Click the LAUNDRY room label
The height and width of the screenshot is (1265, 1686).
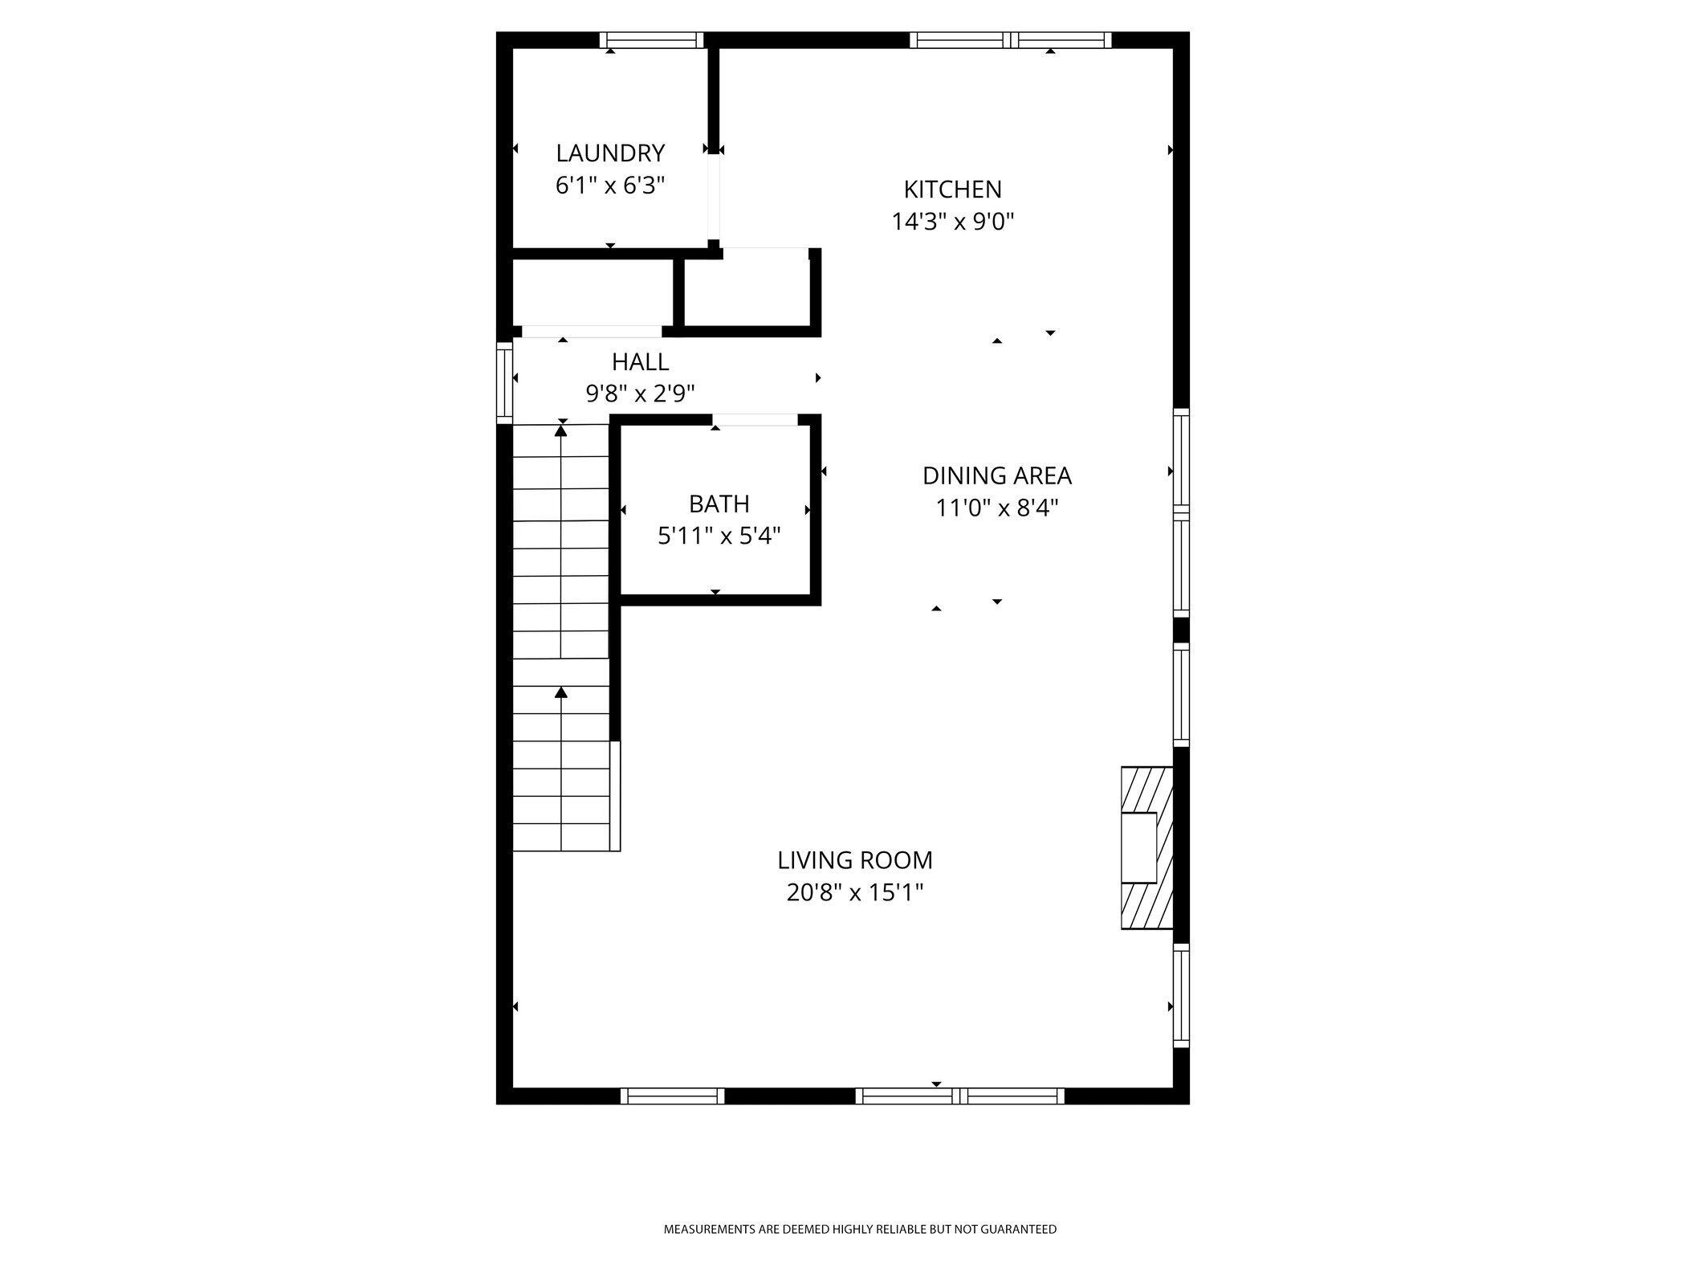pyautogui.click(x=610, y=153)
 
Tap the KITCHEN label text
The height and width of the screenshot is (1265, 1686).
pyautogui.click(x=953, y=190)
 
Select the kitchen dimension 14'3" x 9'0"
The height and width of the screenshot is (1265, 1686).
pyautogui.click(x=953, y=222)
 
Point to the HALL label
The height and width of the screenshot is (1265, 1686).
pyautogui.click(x=640, y=362)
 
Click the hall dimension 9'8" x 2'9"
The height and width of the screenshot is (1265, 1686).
pyautogui.click(x=640, y=394)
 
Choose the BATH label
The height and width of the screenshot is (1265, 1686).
pyautogui.click(x=719, y=504)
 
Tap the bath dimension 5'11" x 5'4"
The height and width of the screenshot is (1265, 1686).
pyautogui.click(x=719, y=536)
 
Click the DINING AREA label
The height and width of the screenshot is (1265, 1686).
pyautogui.click(x=996, y=476)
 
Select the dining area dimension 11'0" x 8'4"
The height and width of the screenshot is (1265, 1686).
pyautogui.click(x=996, y=508)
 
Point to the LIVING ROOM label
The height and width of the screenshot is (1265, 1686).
pyautogui.click(x=855, y=860)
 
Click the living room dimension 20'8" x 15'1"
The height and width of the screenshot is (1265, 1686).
pyautogui.click(x=855, y=892)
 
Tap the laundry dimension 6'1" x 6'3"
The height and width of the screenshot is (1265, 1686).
pyautogui.click(x=610, y=186)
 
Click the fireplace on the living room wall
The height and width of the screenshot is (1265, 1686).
pyautogui.click(x=1146, y=848)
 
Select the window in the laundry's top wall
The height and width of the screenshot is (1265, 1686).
pyautogui.click(x=651, y=40)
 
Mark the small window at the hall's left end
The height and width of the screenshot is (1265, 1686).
pyautogui.click(x=504, y=382)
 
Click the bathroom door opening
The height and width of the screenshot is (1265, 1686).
pyautogui.click(x=755, y=419)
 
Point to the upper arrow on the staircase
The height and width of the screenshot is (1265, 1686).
pyautogui.click(x=561, y=431)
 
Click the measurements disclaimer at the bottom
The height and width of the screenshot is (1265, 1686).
pyautogui.click(x=860, y=1229)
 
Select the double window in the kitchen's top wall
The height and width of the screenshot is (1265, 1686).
pyautogui.click(x=1010, y=40)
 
